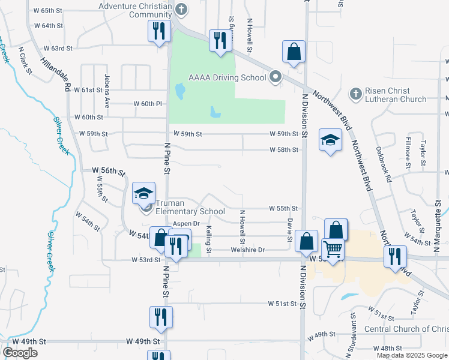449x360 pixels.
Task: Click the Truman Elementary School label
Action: [x=190, y=207]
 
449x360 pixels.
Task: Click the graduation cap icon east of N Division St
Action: [x=330, y=140]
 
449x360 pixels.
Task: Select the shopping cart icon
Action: [x=333, y=248]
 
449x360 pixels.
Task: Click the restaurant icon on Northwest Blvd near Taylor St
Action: [x=396, y=256]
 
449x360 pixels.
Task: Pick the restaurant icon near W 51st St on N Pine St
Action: [x=161, y=317]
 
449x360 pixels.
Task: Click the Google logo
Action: [x=20, y=353]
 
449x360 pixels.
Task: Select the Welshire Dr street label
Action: [x=248, y=250]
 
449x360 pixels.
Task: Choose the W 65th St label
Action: [x=49, y=11]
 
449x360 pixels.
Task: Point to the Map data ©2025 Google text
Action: [x=411, y=355]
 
